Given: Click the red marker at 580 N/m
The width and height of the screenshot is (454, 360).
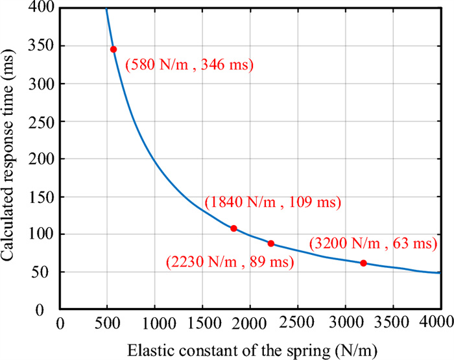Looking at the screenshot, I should (113, 49).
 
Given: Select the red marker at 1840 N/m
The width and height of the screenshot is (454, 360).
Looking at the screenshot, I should (233, 228).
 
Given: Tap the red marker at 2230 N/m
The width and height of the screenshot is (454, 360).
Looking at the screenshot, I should (271, 243).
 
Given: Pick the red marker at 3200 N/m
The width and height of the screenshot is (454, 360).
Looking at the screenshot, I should (363, 263).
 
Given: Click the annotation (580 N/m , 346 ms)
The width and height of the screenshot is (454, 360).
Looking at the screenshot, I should (189, 66).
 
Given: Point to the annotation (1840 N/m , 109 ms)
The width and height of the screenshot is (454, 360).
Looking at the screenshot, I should (272, 202).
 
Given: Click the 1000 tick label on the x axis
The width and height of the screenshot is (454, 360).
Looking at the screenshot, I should (154, 322).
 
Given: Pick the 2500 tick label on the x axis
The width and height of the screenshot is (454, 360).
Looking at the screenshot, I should (297, 322).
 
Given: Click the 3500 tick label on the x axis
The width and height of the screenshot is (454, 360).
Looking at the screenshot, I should (392, 322).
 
